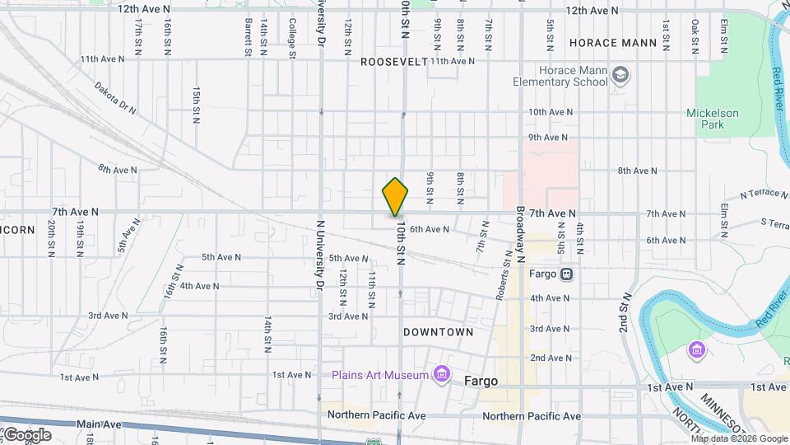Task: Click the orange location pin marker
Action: (x=395, y=197)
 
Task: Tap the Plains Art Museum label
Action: (x=380, y=376)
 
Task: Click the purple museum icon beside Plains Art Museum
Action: (x=443, y=376)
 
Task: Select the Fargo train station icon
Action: (x=567, y=274)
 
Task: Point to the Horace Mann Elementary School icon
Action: (x=620, y=77)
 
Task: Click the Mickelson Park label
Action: (x=713, y=119)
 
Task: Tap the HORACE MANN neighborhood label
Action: (x=613, y=42)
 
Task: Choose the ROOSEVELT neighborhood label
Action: (x=394, y=61)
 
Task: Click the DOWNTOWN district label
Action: (x=438, y=332)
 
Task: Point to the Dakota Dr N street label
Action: (x=114, y=96)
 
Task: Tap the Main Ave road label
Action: (x=99, y=424)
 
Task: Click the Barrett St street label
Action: (x=248, y=38)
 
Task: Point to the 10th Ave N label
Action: (x=550, y=112)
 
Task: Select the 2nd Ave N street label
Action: (x=550, y=358)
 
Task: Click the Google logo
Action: (x=26, y=434)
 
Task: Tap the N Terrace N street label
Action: (x=764, y=194)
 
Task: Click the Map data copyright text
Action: (x=739, y=438)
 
